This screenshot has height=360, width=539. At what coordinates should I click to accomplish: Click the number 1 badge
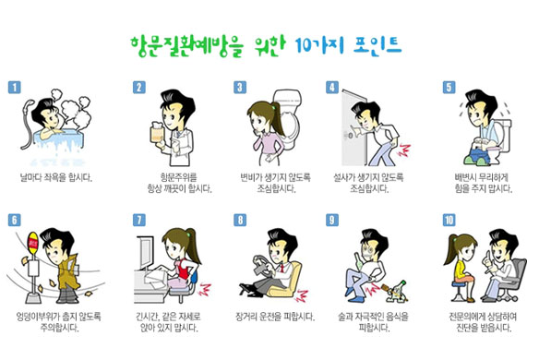pos(15,88)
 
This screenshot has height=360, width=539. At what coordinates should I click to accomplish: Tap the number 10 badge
pos(449,220)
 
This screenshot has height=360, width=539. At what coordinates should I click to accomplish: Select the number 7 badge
pos(138,220)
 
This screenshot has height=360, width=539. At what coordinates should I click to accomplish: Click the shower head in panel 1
pos(29,106)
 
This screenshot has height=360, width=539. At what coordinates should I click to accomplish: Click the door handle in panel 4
pos(351,135)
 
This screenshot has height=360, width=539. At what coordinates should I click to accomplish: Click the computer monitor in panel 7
pos(146,252)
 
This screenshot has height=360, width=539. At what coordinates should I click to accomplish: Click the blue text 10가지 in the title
pos(319,45)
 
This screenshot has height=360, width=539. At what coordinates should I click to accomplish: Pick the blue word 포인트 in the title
pos(377,45)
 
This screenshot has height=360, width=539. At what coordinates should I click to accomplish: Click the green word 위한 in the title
pos(269,46)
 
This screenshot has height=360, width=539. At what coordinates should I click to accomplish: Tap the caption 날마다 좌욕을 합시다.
pos(56,177)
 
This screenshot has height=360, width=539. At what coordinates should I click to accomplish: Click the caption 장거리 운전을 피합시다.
pos(275,317)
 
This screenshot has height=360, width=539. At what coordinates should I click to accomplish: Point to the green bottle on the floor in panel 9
pos(398,292)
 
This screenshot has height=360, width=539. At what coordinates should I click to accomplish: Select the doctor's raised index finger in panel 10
pos(486,257)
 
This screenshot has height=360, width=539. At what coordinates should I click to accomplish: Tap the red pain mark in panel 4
pos(404,150)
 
